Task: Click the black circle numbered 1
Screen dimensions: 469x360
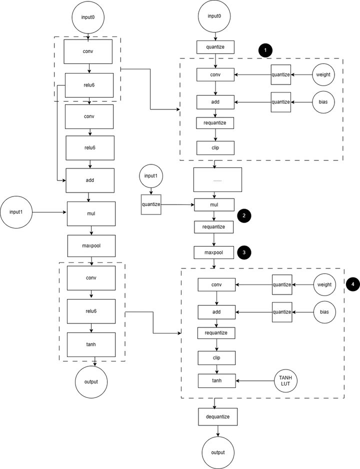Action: pos(265,50)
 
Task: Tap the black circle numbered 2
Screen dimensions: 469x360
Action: pos(243,216)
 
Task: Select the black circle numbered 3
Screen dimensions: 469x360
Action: pos(243,252)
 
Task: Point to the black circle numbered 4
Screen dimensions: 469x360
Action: pos(353,284)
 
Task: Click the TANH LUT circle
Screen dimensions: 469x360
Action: pos(284,381)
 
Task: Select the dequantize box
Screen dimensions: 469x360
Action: pos(217,416)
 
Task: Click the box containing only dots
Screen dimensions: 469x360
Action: pos(217,179)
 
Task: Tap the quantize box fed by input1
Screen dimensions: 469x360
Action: pos(151,204)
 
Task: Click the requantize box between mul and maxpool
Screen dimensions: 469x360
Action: pos(214,227)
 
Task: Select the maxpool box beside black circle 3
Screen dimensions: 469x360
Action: pos(214,252)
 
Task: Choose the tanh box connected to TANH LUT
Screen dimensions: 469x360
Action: pos(217,381)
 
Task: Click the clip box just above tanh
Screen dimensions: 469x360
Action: pos(217,358)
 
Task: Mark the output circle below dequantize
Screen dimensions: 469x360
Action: pos(217,452)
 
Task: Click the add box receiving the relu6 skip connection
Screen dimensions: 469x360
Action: pos(90,180)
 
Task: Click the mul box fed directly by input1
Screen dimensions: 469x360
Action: pos(90,214)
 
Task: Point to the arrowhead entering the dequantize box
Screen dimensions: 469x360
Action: pos(217,407)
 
